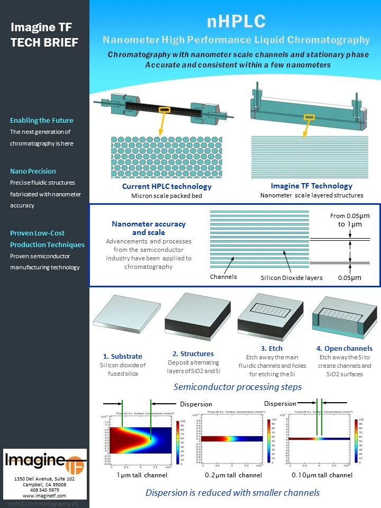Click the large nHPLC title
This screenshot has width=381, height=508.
[235, 21]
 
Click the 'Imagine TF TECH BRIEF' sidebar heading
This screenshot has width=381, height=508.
[44, 35]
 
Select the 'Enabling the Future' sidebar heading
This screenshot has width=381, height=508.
[42, 120]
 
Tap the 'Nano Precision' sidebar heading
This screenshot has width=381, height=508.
[33, 171]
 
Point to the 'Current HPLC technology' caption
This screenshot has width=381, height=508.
[167, 186]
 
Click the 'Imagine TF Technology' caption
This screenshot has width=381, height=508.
[311, 186]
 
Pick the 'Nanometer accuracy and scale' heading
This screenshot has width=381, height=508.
[149, 228]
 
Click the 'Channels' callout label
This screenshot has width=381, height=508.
[223, 277]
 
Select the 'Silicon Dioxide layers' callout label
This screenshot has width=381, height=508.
[292, 278]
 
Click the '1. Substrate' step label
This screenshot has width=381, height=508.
[123, 356]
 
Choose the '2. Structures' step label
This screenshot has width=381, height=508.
[193, 353]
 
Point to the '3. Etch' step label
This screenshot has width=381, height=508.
[271, 348]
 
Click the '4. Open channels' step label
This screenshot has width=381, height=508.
[344, 348]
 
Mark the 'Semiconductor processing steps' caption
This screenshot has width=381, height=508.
[238, 387]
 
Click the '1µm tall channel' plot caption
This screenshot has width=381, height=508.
[141, 475]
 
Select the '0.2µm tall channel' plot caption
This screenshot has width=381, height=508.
[233, 475]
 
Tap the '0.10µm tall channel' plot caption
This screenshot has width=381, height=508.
[322, 475]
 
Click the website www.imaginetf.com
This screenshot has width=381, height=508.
[44, 496]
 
